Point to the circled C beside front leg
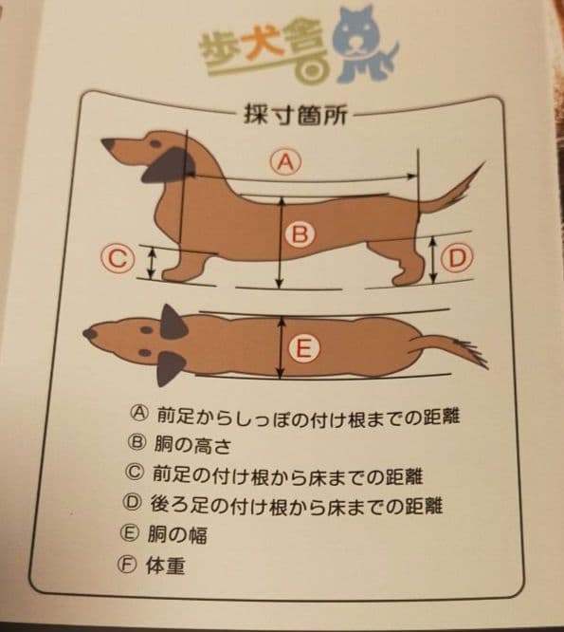pos(117,257)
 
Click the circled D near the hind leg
pos(458,256)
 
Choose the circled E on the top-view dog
pos(302,348)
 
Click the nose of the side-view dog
pos(107,145)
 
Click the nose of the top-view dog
pos(89,334)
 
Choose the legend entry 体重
pos(166,566)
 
